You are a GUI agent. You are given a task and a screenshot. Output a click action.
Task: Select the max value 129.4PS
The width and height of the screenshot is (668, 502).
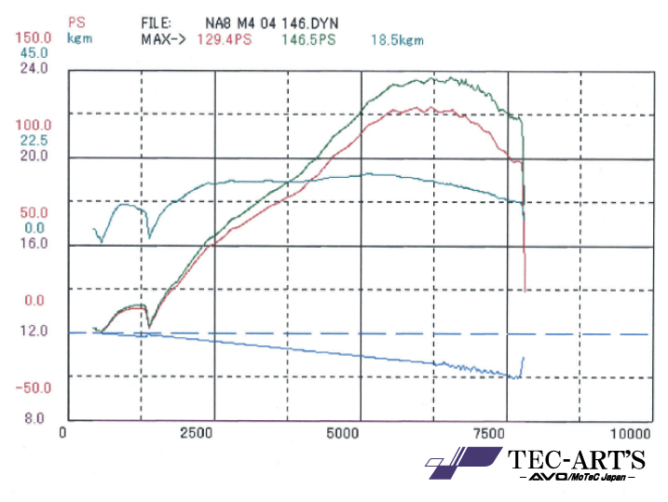click(x=223, y=39)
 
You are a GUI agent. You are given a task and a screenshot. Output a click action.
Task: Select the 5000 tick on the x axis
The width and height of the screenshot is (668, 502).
click(x=343, y=433)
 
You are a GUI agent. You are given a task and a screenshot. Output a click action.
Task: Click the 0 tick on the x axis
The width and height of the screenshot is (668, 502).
click(x=62, y=433)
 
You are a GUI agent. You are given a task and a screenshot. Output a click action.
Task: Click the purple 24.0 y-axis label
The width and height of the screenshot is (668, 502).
click(x=22, y=68)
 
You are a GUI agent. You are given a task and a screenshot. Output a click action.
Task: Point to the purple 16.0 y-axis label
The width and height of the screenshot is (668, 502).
click(x=22, y=243)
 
